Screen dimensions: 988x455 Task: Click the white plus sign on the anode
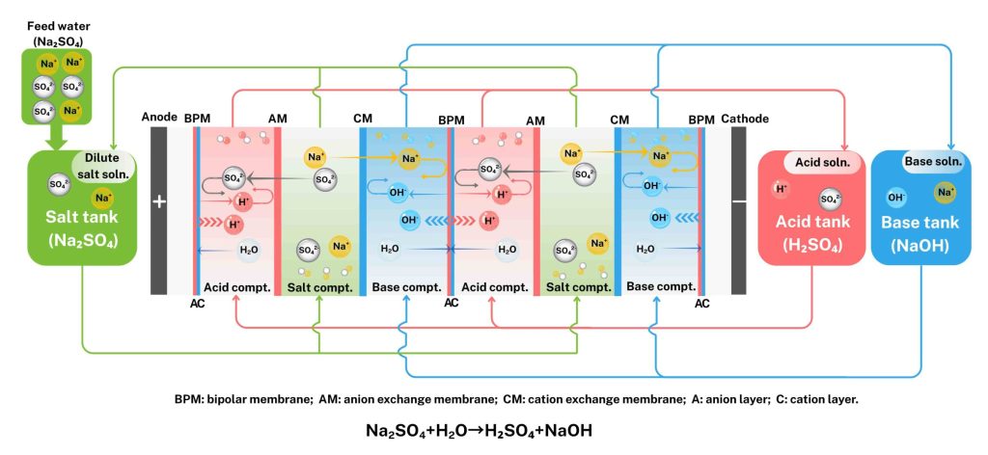tap(159, 202)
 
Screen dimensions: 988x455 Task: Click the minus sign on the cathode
tap(739, 202)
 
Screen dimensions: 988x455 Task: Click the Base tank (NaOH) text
tap(919, 232)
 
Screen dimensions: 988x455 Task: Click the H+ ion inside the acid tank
tap(781, 188)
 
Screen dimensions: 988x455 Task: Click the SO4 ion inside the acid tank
tap(828, 200)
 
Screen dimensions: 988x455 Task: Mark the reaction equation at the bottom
tap(479, 431)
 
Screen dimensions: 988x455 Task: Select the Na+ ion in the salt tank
tap(101, 199)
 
